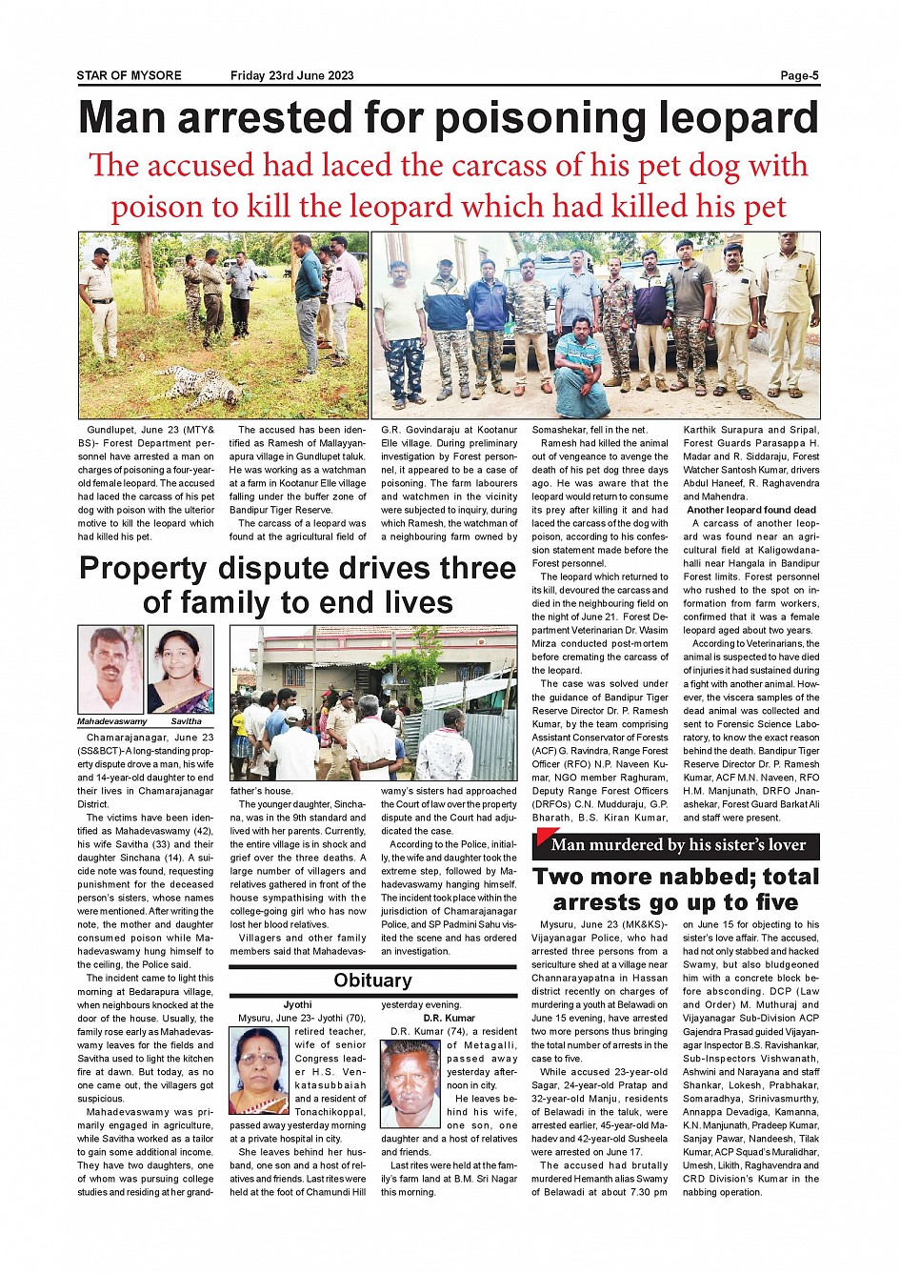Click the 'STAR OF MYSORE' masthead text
(129, 75)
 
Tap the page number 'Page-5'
(799, 75)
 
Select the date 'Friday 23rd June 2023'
(291, 75)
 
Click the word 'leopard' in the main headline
(738, 118)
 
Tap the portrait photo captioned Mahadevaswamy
(110, 669)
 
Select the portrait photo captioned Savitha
(180, 669)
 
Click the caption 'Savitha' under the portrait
(187, 721)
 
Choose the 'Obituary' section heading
(372, 981)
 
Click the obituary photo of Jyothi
(258, 1070)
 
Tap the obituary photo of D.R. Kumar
(410, 1083)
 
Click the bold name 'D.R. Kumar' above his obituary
(449, 1018)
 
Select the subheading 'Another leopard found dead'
(751, 510)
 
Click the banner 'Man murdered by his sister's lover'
(677, 844)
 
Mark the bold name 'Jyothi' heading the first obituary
(297, 1004)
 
